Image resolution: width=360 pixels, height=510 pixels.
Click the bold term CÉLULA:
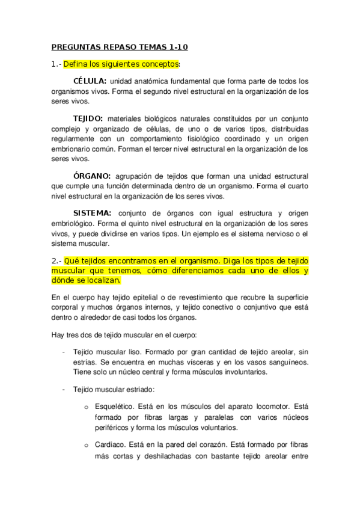tap(90, 81)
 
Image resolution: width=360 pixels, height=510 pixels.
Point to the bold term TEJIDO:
tap(88, 119)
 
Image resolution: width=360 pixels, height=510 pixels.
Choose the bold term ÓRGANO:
tap(92, 176)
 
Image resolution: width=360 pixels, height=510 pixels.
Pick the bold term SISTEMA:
tap(92, 213)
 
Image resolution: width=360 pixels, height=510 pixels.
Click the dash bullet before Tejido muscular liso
tap(64, 351)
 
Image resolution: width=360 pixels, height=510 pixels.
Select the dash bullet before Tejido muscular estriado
tap(64, 389)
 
